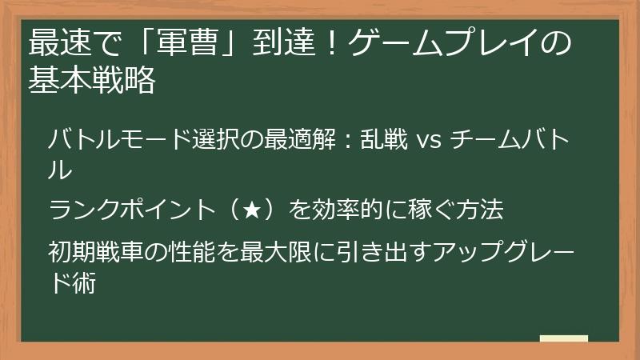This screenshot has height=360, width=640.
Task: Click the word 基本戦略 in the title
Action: coord(91,80)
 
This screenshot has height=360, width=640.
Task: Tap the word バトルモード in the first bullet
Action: coord(120,142)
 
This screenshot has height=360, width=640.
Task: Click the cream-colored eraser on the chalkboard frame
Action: coord(563,338)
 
